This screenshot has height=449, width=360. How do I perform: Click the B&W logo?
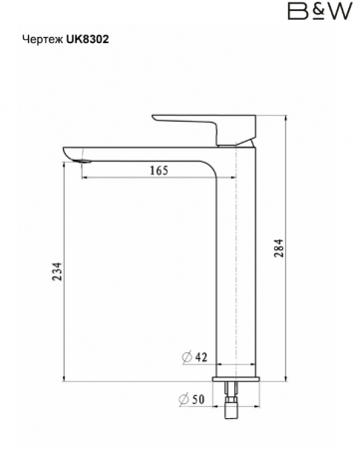pos(319,11)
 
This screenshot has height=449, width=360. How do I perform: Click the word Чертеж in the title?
pos(43,40)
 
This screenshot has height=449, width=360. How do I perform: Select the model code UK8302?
pos(88,39)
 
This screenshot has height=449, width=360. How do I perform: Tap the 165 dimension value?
pos(159,171)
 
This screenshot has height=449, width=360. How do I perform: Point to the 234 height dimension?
pos(57,271)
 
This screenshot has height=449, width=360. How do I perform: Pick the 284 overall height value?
pos(279,247)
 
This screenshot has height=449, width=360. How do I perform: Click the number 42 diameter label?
pos(200,357)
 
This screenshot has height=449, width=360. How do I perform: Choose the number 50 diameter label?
pos(198,399)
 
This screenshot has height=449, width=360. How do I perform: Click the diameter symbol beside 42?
pos(187,357)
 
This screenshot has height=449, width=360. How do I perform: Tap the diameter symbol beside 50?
pos(183,399)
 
